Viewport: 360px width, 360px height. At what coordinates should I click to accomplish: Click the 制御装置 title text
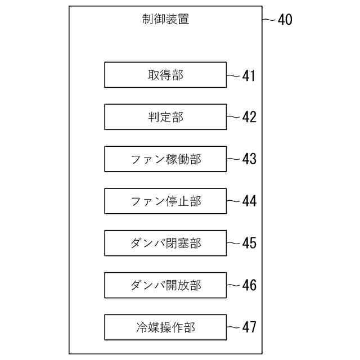(x=165, y=19)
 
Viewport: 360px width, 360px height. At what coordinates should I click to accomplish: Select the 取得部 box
(x=165, y=75)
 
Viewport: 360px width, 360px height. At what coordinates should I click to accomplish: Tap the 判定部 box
(x=165, y=117)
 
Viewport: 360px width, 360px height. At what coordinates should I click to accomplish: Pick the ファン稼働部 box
(x=165, y=159)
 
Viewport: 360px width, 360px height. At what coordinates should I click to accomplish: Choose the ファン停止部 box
(x=165, y=201)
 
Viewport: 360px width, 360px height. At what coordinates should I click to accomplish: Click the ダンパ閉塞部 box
(x=165, y=243)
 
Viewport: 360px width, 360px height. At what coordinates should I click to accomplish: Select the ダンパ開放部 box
(x=165, y=285)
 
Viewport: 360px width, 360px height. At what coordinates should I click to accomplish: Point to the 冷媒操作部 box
(x=165, y=327)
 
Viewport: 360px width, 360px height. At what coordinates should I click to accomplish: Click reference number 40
(x=285, y=20)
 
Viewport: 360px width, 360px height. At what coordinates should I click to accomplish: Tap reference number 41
(x=249, y=75)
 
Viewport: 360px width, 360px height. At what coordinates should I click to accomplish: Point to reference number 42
(x=249, y=117)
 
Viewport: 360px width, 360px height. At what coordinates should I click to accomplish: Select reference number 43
(x=249, y=159)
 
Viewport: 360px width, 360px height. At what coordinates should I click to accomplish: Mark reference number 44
(x=249, y=201)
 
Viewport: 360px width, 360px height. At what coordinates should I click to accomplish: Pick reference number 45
(x=249, y=243)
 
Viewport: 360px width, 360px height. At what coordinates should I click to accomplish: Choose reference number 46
(x=249, y=285)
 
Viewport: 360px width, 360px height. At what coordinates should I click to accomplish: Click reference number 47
(x=249, y=327)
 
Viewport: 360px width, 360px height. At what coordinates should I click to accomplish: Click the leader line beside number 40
(x=269, y=20)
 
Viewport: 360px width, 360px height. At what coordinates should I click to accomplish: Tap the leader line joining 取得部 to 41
(x=233, y=75)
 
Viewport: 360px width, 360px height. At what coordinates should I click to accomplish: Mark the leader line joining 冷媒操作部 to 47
(x=233, y=327)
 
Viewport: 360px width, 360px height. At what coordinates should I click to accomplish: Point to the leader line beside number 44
(x=233, y=201)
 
